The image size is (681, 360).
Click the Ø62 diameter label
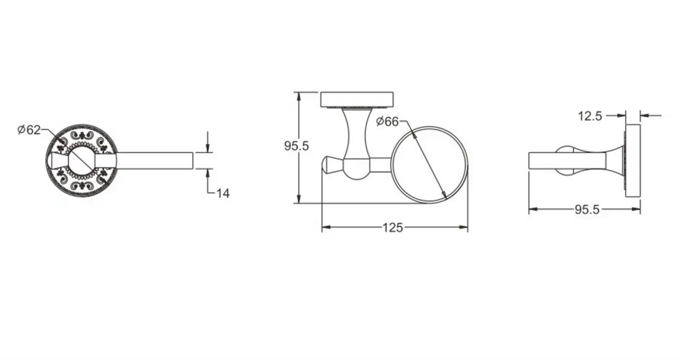pyautogui.click(x=29, y=130)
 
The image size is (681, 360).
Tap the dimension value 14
pyautogui.click(x=223, y=193)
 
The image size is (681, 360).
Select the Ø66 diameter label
pyautogui.click(x=387, y=122)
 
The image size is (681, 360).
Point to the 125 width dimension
pyautogui.click(x=393, y=227)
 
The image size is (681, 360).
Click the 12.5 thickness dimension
pyautogui.click(x=590, y=116)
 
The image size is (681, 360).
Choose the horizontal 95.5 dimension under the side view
pyautogui.click(x=586, y=210)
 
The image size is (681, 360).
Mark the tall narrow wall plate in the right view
pyautogui.click(x=633, y=161)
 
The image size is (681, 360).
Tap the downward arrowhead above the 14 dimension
pyautogui.click(x=208, y=148)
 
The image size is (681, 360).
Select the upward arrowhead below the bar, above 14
pyautogui.click(x=208, y=173)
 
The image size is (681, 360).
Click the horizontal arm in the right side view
pyautogui.click(x=565, y=161)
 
